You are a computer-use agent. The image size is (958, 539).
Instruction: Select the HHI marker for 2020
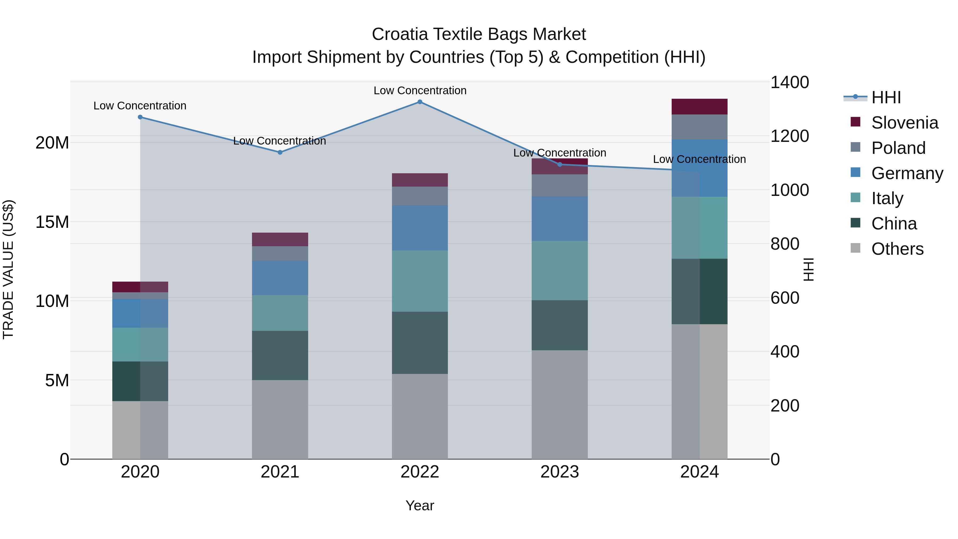(x=140, y=117)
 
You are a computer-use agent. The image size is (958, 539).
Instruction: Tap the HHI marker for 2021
(x=280, y=152)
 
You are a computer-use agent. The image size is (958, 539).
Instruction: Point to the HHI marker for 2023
(x=560, y=164)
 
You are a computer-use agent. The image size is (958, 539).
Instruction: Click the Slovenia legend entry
(x=904, y=123)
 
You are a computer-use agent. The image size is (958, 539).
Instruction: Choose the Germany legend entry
(x=907, y=173)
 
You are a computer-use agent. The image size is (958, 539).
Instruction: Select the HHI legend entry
(x=885, y=97)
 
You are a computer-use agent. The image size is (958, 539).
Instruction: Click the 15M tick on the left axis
(x=52, y=222)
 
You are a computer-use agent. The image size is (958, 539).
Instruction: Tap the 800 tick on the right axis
(x=785, y=244)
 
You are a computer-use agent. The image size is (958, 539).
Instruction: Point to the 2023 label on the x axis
(x=559, y=472)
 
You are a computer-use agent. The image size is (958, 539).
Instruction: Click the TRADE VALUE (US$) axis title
(x=9, y=269)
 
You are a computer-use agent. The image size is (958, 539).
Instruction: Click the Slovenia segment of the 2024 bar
(x=699, y=107)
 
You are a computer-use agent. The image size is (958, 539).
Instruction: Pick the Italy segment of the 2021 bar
(x=280, y=313)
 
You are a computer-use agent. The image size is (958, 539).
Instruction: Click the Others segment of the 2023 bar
(x=559, y=404)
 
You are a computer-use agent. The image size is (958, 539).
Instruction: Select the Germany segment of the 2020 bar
(x=140, y=313)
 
